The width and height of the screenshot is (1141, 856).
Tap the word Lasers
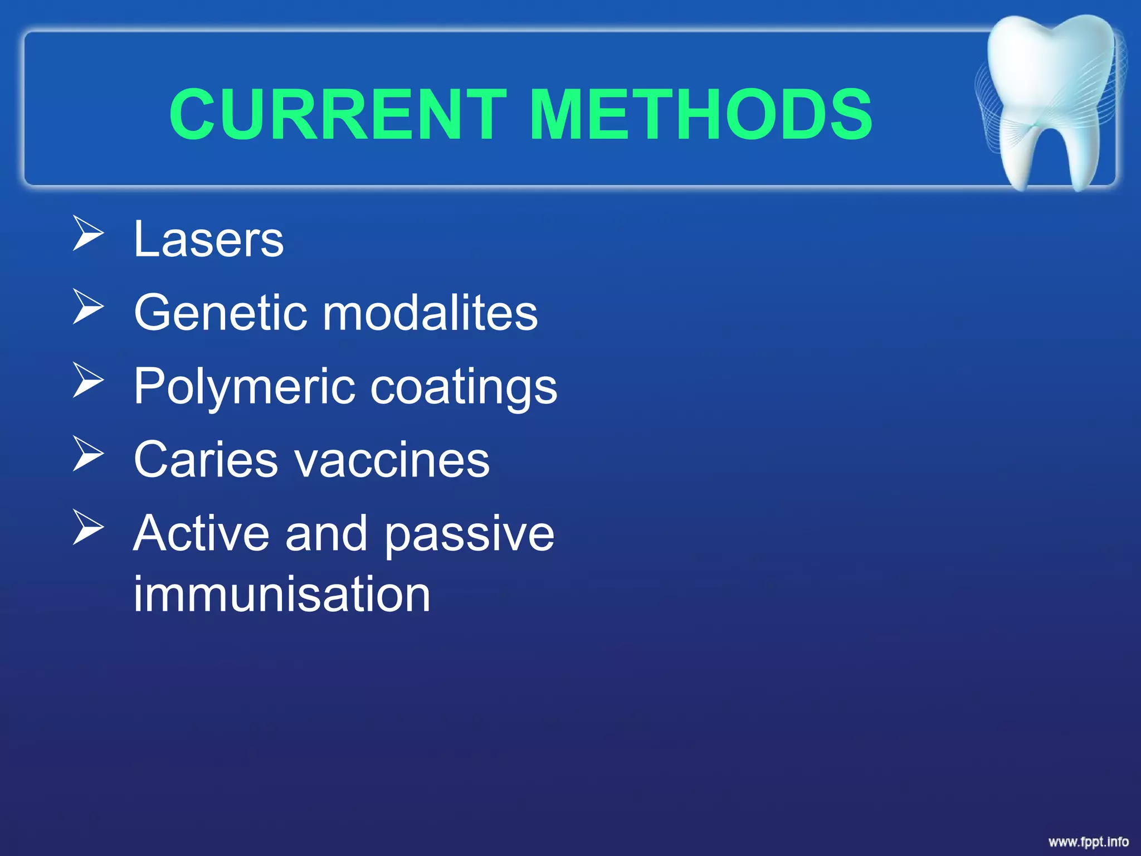[x=209, y=240]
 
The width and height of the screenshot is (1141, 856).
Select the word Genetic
[x=220, y=313]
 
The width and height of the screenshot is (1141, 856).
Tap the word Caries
[x=205, y=460]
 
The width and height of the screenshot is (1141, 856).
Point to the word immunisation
[x=282, y=595]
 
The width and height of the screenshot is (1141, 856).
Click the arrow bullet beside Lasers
[x=88, y=235]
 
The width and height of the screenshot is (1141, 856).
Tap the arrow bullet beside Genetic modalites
[x=88, y=307]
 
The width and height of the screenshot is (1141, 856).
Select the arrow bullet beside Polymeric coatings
[x=88, y=381]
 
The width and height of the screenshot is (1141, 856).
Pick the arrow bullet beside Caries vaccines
[x=88, y=454]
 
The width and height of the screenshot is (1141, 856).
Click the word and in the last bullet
[x=326, y=534]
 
